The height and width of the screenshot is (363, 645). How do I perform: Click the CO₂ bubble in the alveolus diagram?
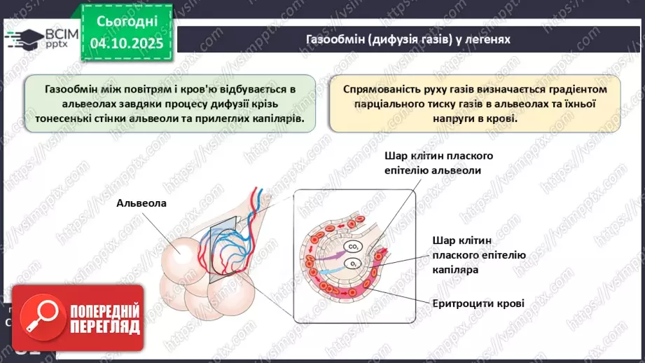tap(354, 247)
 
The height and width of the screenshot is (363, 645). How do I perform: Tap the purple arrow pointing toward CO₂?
tap(328, 249)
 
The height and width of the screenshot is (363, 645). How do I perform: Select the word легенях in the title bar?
tap(487, 39)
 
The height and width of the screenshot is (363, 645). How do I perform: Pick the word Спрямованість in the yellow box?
tap(384, 90)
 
